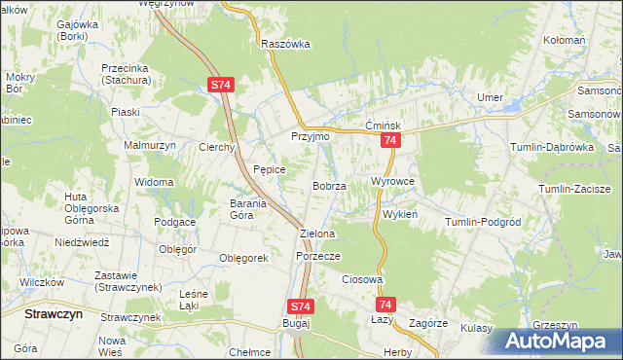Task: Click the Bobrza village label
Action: pyautogui.click(x=329, y=186)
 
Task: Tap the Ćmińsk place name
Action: pyautogui.click(x=383, y=126)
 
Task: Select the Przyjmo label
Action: pyautogui.click(x=311, y=137)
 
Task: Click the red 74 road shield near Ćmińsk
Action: pyautogui.click(x=389, y=142)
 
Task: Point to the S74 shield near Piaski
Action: pyautogui.click(x=220, y=86)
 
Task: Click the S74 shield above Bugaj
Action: pyautogui.click(x=301, y=306)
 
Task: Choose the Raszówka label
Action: pyautogui.click(x=285, y=44)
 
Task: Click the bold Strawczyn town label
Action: pyautogui.click(x=53, y=315)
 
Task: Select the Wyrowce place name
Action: pyautogui.click(x=393, y=182)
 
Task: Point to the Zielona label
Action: pyautogui.click(x=317, y=234)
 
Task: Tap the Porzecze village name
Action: pyautogui.click(x=317, y=256)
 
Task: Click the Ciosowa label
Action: pyautogui.click(x=361, y=279)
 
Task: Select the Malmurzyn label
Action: pyautogui.click(x=148, y=145)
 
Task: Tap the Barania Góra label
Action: pyautogui.click(x=255, y=209)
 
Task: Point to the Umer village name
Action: pyautogui.click(x=488, y=97)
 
